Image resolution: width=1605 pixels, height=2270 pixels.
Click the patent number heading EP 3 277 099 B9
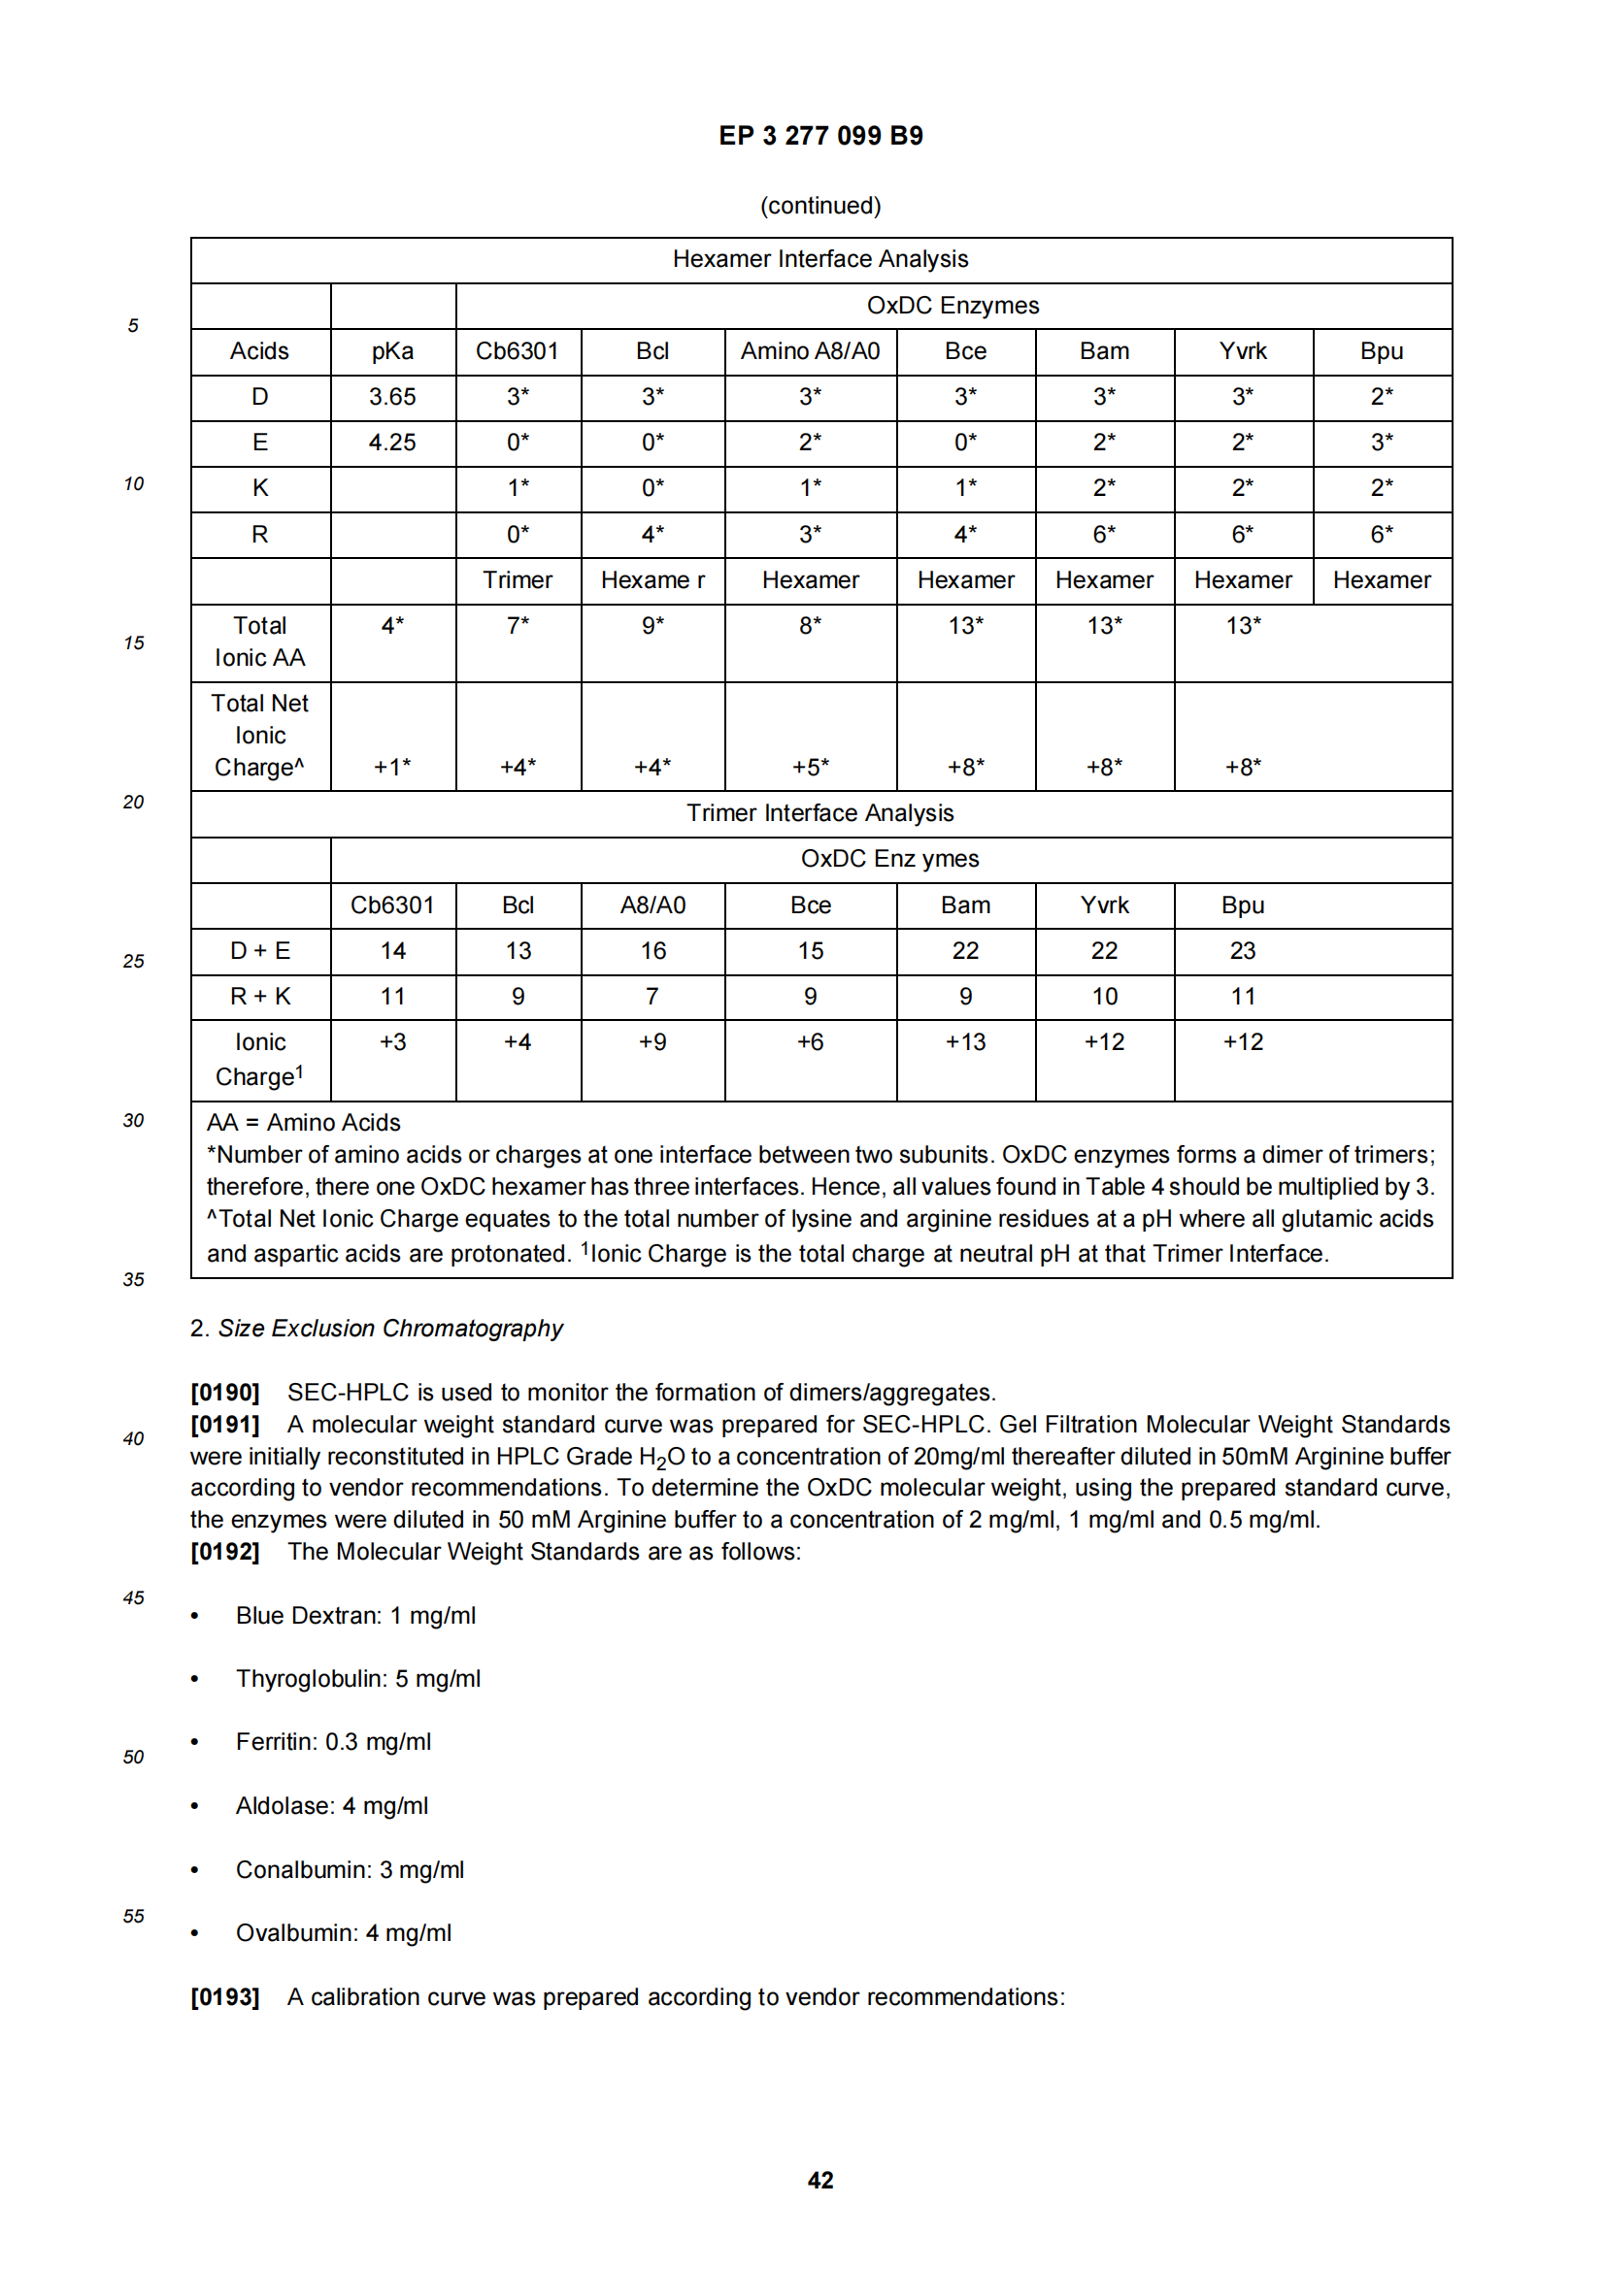(x=819, y=136)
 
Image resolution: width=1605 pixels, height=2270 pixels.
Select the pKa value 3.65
(x=392, y=397)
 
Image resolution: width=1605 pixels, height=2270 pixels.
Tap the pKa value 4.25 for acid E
(x=392, y=442)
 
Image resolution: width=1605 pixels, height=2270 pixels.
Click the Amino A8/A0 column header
(x=810, y=351)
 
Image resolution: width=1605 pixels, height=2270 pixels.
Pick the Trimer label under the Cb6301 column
(x=518, y=580)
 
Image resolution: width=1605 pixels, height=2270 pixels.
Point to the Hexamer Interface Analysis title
(x=819, y=259)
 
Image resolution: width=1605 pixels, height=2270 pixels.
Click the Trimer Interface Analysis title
(x=819, y=812)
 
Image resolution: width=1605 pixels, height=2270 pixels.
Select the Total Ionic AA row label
(x=260, y=642)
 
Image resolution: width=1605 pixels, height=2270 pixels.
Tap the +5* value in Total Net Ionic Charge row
(x=810, y=767)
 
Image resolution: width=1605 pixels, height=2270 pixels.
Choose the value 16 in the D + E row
(x=652, y=951)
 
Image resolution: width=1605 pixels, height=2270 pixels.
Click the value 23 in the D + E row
(x=1242, y=951)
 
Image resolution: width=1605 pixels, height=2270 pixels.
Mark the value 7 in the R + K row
(x=652, y=997)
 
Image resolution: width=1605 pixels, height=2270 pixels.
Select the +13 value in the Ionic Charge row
(x=965, y=1042)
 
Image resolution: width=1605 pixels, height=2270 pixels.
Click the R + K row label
(x=260, y=997)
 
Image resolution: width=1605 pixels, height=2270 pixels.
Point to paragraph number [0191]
(x=224, y=1425)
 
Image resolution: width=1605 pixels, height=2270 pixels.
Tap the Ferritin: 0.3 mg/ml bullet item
(x=333, y=1742)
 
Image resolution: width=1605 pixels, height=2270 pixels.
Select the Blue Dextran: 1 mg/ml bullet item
(x=355, y=1616)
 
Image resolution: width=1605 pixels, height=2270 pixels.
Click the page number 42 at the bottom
(x=819, y=2181)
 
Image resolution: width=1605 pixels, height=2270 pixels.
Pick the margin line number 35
(x=133, y=1279)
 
